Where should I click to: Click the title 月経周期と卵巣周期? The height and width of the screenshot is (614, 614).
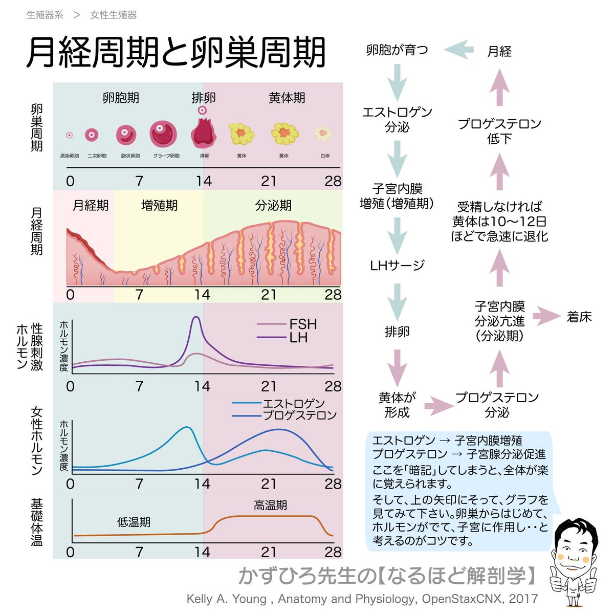pyautogui.click(x=176, y=53)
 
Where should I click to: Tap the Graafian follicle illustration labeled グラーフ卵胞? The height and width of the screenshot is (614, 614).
pyautogui.click(x=163, y=134)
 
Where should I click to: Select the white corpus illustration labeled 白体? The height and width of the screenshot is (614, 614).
pyautogui.click(x=323, y=134)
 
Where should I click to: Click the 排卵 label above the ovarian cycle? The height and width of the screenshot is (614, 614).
pyautogui.click(x=203, y=97)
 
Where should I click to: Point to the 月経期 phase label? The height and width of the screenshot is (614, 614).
pyautogui.click(x=91, y=206)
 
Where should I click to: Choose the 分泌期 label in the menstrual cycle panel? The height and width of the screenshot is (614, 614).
pyautogui.click(x=273, y=206)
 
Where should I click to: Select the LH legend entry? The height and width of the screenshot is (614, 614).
pyautogui.click(x=298, y=338)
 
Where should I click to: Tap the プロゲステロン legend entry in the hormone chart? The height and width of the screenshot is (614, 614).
pyautogui.click(x=300, y=415)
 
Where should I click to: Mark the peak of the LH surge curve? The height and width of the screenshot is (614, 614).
pyautogui.click(x=196, y=318)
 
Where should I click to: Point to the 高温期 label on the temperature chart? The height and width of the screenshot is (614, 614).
pyautogui.click(x=270, y=505)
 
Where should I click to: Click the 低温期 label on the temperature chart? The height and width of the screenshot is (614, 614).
pyautogui.click(x=134, y=522)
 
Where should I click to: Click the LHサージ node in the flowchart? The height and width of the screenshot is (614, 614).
pyautogui.click(x=397, y=265)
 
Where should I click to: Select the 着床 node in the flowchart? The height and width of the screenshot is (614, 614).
pyautogui.click(x=579, y=317)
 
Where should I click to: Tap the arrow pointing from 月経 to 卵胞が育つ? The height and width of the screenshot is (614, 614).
pyautogui.click(x=458, y=50)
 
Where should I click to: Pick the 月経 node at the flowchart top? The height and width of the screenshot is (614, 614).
pyautogui.click(x=499, y=51)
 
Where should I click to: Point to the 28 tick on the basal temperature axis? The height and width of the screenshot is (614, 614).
pyautogui.click(x=333, y=552)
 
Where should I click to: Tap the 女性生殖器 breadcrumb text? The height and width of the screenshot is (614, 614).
pyautogui.click(x=113, y=15)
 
